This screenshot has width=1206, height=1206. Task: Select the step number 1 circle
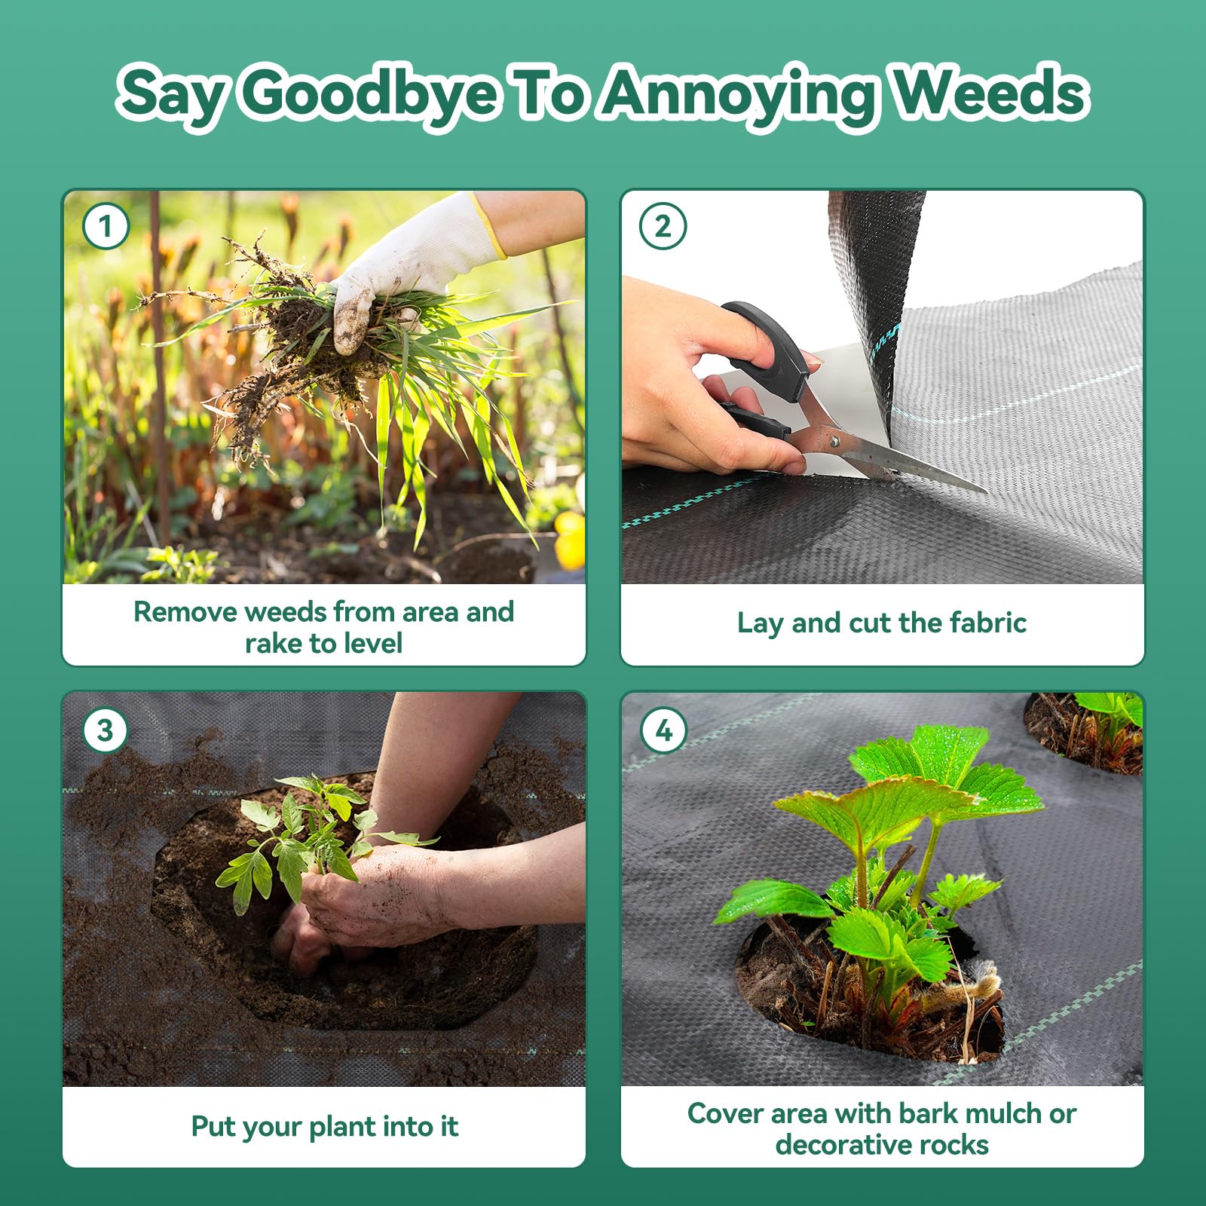coord(106,226)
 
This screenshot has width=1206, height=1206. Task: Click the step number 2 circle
coord(663,226)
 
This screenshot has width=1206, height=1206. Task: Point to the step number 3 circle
coord(106,730)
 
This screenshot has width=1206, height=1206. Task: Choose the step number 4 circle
coord(663,730)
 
